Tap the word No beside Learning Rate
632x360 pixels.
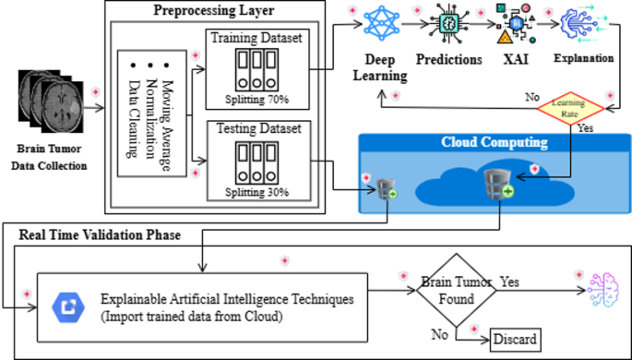(532, 96)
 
